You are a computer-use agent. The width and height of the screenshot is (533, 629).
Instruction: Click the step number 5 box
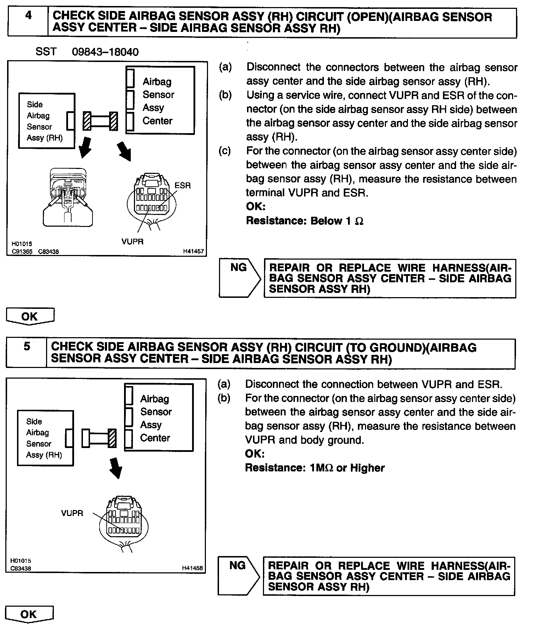(27, 353)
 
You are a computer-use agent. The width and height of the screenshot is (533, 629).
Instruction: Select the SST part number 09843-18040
(105, 52)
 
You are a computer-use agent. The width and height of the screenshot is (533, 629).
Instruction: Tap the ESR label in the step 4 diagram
(183, 185)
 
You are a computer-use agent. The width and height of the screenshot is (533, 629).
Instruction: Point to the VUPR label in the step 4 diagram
(133, 242)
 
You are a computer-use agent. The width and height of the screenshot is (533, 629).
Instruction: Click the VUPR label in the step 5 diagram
(72, 513)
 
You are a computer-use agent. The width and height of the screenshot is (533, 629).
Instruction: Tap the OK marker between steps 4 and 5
(30, 316)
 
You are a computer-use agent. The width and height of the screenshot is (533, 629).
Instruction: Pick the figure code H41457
(193, 251)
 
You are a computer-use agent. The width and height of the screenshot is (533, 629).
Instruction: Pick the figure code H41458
(192, 568)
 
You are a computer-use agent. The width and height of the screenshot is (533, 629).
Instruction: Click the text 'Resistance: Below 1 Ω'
(304, 221)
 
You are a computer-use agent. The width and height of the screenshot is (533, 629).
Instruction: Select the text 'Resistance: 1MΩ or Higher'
(315, 468)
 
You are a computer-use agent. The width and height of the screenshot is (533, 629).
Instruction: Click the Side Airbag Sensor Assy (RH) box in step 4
(46, 121)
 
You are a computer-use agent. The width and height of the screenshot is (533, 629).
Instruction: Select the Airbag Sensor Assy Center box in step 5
(159, 418)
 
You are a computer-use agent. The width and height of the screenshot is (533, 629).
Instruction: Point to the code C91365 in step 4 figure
(22, 251)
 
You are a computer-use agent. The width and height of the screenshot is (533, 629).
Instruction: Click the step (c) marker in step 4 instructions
(225, 151)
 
